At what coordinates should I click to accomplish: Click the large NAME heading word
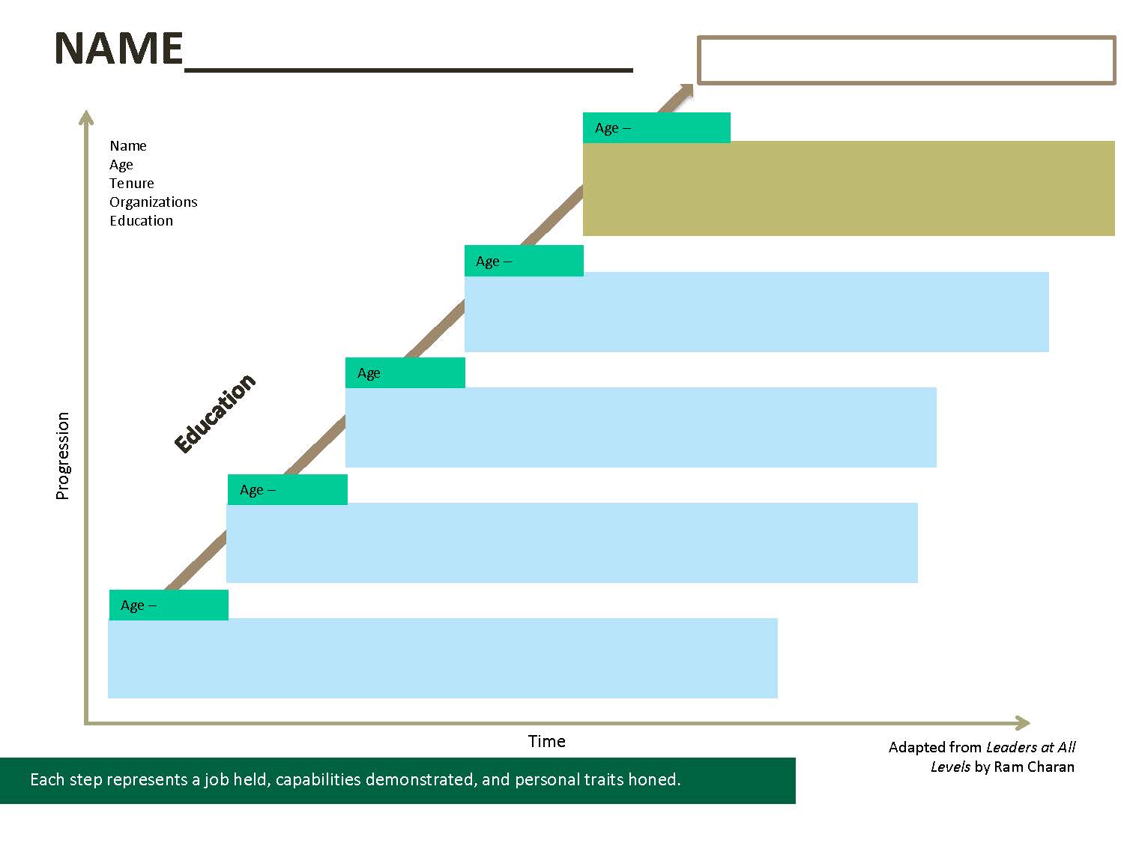pyautogui.click(x=118, y=49)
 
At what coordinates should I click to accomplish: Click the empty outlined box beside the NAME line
pyautogui.click(x=907, y=60)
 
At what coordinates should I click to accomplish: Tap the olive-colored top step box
pyautogui.click(x=848, y=189)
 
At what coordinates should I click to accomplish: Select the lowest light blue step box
pyautogui.click(x=442, y=658)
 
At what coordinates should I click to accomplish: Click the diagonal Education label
pyautogui.click(x=215, y=413)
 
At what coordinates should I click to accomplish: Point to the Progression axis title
pyautogui.click(x=63, y=456)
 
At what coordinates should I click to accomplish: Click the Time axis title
pyautogui.click(x=546, y=742)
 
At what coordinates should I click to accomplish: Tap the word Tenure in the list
pyautogui.click(x=132, y=184)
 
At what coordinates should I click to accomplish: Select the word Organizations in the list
pyautogui.click(x=154, y=202)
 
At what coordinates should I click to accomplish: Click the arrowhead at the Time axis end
pyautogui.click(x=1023, y=723)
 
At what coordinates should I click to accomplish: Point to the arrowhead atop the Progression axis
pyautogui.click(x=86, y=117)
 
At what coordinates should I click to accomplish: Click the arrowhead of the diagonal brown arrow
pyautogui.click(x=685, y=91)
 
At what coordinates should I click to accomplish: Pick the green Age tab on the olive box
pyautogui.click(x=656, y=127)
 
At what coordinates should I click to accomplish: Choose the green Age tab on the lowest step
pyautogui.click(x=169, y=605)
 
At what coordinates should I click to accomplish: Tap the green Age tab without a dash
pyautogui.click(x=405, y=372)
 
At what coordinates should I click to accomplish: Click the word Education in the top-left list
pyautogui.click(x=141, y=221)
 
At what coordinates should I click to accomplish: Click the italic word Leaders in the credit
pyautogui.click(x=1009, y=747)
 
